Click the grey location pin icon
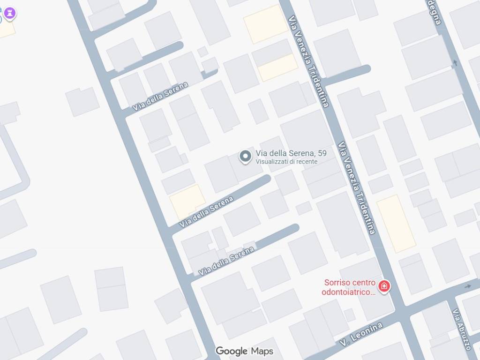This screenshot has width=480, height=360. (x=245, y=157)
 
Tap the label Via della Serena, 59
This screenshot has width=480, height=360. (x=291, y=153)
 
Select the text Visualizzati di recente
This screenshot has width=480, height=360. (x=286, y=162)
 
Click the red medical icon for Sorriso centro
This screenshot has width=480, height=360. (x=384, y=286)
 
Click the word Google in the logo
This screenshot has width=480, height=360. (x=232, y=351)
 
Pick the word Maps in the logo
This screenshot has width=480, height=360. (x=262, y=351)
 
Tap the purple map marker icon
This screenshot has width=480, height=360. (x=9, y=13)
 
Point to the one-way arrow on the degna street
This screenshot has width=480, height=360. (x=454, y=63)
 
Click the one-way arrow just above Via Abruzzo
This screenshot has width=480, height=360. (x=468, y=286)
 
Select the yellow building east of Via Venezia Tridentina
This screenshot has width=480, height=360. (x=396, y=223)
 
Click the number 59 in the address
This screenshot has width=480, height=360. (x=322, y=153)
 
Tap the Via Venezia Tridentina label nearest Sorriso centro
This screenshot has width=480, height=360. (x=358, y=187)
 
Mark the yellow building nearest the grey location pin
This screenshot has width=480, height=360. (x=187, y=201)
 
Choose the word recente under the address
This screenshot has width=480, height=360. (x=306, y=162)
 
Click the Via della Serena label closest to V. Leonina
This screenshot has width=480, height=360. (x=226, y=261)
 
